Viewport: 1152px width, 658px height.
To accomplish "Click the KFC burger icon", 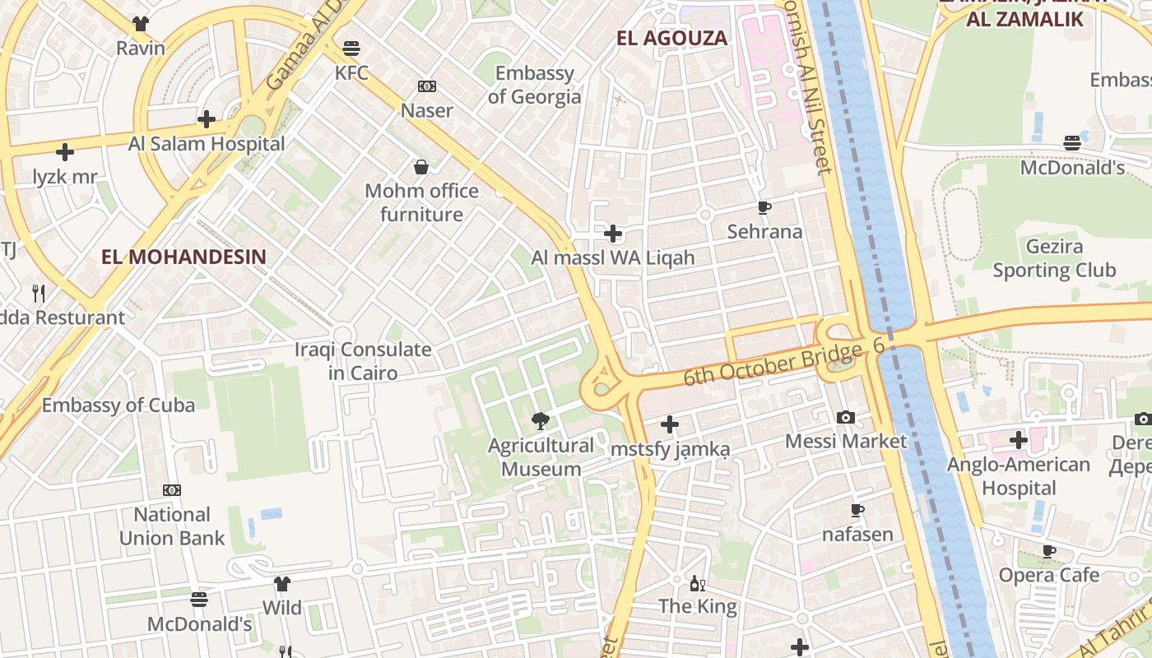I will (x=351, y=48).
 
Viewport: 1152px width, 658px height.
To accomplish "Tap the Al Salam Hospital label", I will (x=207, y=144).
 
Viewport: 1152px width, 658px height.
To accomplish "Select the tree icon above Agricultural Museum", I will (x=541, y=421).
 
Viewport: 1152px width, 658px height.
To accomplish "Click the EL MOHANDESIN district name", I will (x=183, y=257).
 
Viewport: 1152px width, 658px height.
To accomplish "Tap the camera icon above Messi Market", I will (x=845, y=418).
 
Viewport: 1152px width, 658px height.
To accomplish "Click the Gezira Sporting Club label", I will (x=1053, y=258).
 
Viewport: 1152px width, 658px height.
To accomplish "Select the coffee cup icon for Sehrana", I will (x=764, y=208).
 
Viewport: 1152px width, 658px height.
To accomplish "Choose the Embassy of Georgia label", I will (x=534, y=85).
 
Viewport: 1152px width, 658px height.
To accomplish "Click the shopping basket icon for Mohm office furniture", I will (x=421, y=167).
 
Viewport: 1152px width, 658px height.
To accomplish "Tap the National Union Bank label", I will (x=172, y=526).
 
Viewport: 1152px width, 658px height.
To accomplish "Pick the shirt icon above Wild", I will (x=282, y=584).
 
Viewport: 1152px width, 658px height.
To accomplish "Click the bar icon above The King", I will (x=698, y=583).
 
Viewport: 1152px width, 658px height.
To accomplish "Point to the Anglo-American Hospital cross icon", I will (x=1019, y=440).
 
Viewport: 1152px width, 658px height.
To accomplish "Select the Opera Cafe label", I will (x=1048, y=575).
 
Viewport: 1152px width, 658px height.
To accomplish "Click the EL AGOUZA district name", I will (x=672, y=38).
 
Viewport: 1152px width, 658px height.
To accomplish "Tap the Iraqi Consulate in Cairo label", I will (x=363, y=361).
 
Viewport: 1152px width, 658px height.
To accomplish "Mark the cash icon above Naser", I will (x=426, y=86).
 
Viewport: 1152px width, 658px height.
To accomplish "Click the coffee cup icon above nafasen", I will (x=857, y=511).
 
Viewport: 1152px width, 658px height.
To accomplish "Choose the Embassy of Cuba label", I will (x=118, y=405).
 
